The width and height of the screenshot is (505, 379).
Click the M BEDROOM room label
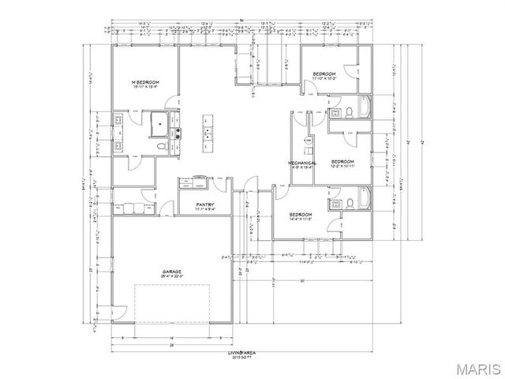coord(146,83)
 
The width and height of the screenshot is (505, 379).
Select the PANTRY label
coord(207,205)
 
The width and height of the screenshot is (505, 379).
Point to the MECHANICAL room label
coord(302,162)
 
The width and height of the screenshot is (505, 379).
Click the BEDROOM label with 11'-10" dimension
coord(325,75)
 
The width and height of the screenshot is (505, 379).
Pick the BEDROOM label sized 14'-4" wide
coord(301,215)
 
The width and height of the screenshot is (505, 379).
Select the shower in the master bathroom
coord(161,124)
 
